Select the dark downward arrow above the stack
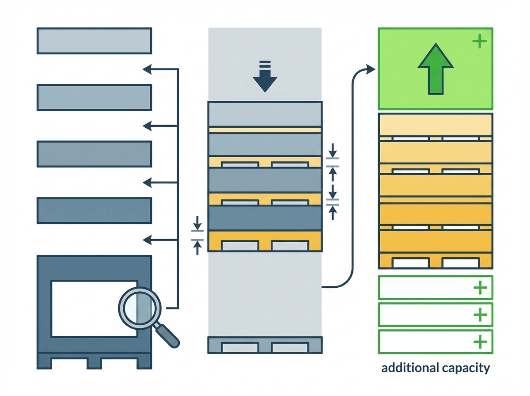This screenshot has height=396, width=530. click(265, 78)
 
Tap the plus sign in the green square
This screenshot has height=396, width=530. click(479, 42)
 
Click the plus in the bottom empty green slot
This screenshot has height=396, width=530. click(480, 342)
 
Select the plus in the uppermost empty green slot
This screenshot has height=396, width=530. click(480, 288)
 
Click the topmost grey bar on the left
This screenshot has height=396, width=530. click(94, 41)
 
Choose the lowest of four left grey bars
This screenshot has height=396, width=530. click(94, 210)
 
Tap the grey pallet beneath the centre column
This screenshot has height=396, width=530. click(265, 345)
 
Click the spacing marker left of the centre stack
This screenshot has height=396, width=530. click(197, 235)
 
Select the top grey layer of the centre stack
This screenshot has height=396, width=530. click(265, 114)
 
